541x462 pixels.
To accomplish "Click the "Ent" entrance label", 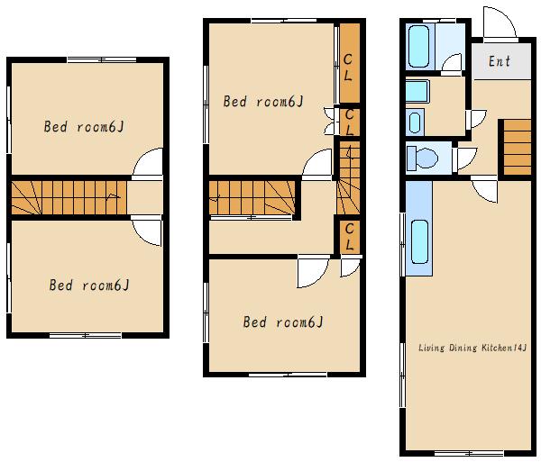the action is coord(500,61).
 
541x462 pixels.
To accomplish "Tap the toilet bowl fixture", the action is coord(422,159).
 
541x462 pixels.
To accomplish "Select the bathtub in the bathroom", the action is coord(419,47).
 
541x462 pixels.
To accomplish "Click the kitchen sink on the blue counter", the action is coord(419,241).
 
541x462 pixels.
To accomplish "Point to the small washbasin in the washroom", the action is coord(415,122).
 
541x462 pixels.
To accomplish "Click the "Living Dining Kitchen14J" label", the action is coord(472,348).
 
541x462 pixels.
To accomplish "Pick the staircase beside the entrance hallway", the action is coord(518,147).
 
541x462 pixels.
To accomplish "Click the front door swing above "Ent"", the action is coord(500,23).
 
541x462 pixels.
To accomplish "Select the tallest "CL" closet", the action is coord(350,63).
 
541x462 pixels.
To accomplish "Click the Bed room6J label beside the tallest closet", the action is coord(263,101).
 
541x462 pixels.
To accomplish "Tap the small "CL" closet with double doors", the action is coord(350,122).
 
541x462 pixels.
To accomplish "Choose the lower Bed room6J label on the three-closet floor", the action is coord(283,322).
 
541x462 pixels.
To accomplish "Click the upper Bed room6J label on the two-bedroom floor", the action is coord(84,126).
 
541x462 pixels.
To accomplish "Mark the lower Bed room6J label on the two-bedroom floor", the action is coord(89,285).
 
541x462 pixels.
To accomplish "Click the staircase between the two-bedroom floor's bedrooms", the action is coord(69,198).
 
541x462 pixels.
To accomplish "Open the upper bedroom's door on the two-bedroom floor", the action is coord(148,164).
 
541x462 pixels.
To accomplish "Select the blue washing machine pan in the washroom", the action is coord(417,91).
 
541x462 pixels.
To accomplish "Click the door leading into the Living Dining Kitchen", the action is coord(484,189).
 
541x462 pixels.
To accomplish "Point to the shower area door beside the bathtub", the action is coord(452,64).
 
